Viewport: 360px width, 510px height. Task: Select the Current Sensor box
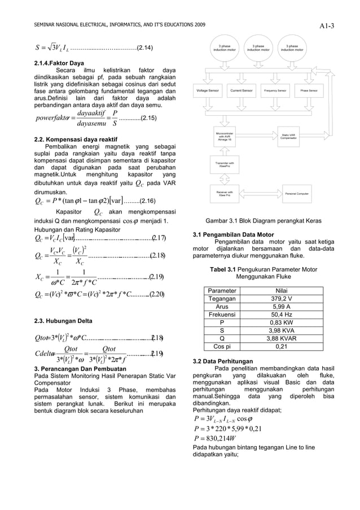[241, 90]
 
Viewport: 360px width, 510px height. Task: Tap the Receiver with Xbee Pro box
[224, 194]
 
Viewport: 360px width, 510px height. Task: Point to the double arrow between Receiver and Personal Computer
[258, 194]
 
